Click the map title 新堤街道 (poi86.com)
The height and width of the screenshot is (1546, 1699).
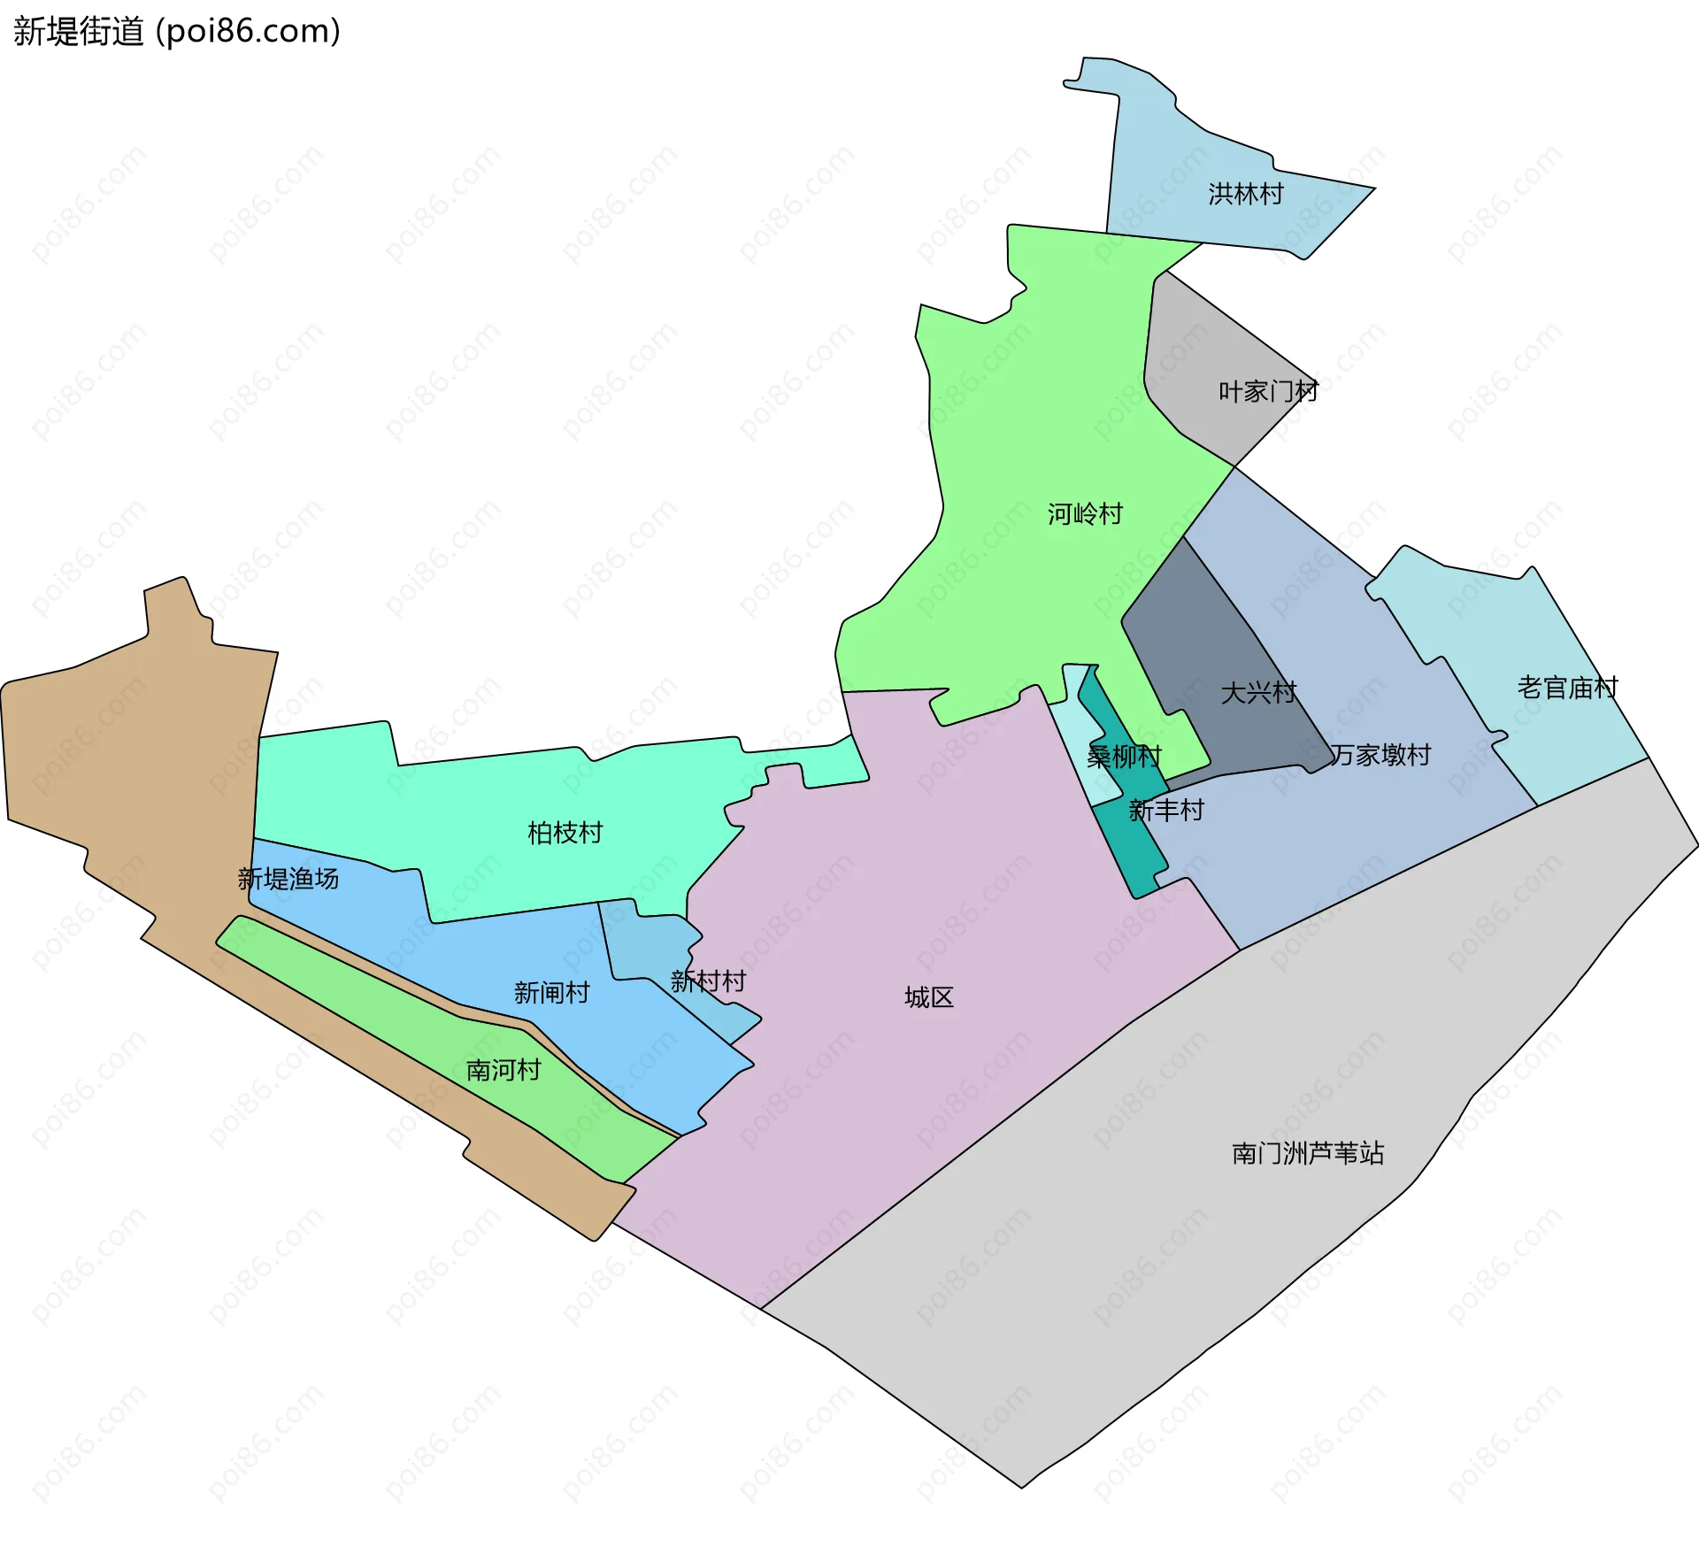pyautogui.click(x=177, y=32)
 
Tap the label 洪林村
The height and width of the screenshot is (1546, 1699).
pyautogui.click(x=1246, y=194)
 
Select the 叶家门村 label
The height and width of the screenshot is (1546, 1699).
pyautogui.click(x=1268, y=391)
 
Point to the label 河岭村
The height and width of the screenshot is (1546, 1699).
pyautogui.click(x=1085, y=514)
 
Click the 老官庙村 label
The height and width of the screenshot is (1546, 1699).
pyautogui.click(x=1567, y=688)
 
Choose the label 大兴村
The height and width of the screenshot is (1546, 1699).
pyautogui.click(x=1258, y=693)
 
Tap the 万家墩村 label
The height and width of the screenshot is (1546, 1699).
pyautogui.click(x=1380, y=755)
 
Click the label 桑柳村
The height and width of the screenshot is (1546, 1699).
pyautogui.click(x=1124, y=757)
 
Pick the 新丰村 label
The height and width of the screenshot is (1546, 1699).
pyautogui.click(x=1166, y=811)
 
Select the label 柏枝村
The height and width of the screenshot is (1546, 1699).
pyautogui.click(x=565, y=833)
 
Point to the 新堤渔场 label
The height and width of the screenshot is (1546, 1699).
pyautogui.click(x=288, y=879)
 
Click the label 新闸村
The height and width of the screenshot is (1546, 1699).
pyautogui.click(x=551, y=993)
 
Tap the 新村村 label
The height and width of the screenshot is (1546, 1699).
pyautogui.click(x=708, y=981)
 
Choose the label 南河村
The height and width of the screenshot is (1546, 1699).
pyautogui.click(x=504, y=1071)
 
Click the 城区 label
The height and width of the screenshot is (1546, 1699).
pyautogui.click(x=929, y=998)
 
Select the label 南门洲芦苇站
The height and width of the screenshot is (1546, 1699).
pyautogui.click(x=1308, y=1154)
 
